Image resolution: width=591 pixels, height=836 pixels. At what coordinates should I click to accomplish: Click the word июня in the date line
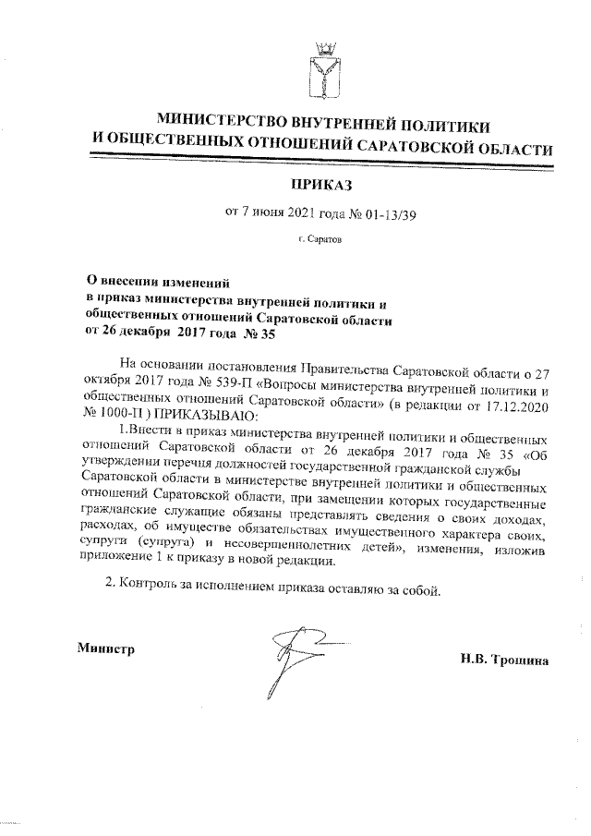coord(268,215)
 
